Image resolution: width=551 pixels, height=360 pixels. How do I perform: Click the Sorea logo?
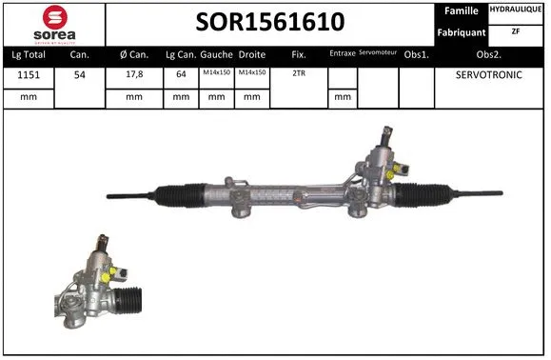[x=54, y=23]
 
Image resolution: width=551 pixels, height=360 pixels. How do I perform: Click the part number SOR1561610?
[x=270, y=22]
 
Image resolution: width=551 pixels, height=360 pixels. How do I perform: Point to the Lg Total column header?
[x=27, y=55]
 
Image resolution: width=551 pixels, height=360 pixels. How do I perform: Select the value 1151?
[x=27, y=74]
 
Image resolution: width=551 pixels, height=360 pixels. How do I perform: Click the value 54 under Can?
[x=80, y=74]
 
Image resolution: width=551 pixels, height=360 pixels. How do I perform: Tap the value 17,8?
[x=133, y=74]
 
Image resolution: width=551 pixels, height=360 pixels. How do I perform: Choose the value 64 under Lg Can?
[x=180, y=74]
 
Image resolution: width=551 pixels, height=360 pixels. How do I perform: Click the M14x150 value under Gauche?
[x=216, y=73]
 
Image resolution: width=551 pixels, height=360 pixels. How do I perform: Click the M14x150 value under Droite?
[x=252, y=73]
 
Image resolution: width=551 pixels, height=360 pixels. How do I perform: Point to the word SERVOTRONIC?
[x=489, y=74]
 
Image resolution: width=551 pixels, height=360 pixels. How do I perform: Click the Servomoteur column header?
[x=377, y=54]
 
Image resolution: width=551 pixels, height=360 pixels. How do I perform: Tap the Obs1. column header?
[x=416, y=55]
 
